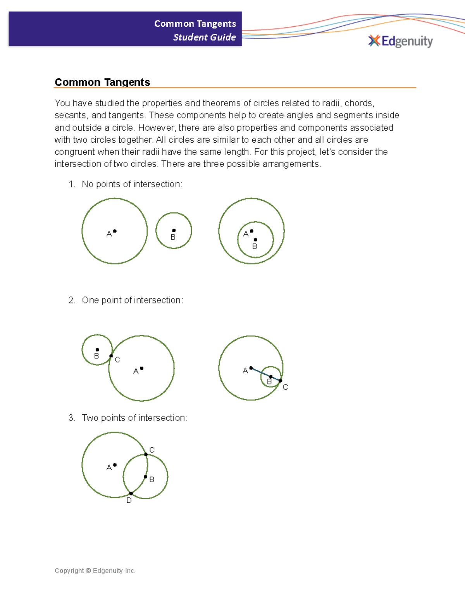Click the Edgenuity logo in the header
pyautogui.click(x=401, y=41)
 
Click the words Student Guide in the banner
pyautogui.click(x=204, y=37)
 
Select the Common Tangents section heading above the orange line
pyautogui.click(x=102, y=82)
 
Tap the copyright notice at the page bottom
pyautogui.click(x=95, y=571)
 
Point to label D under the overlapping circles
pyautogui.click(x=129, y=500)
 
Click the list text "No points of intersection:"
pyautogui.click(x=132, y=184)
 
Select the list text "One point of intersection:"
pyautogui.click(x=133, y=300)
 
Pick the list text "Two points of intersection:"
pyautogui.click(x=134, y=417)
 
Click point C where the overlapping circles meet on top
pyautogui.click(x=146, y=454)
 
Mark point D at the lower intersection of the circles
pyautogui.click(x=131, y=493)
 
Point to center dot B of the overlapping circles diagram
pyautogui.click(x=145, y=477)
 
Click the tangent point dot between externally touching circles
pyautogui.click(x=111, y=356)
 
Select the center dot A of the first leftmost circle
pyautogui.click(x=115, y=231)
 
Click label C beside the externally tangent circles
pyautogui.click(x=117, y=360)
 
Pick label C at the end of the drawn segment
pyautogui.click(x=285, y=387)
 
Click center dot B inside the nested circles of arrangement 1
pyautogui.click(x=255, y=240)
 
